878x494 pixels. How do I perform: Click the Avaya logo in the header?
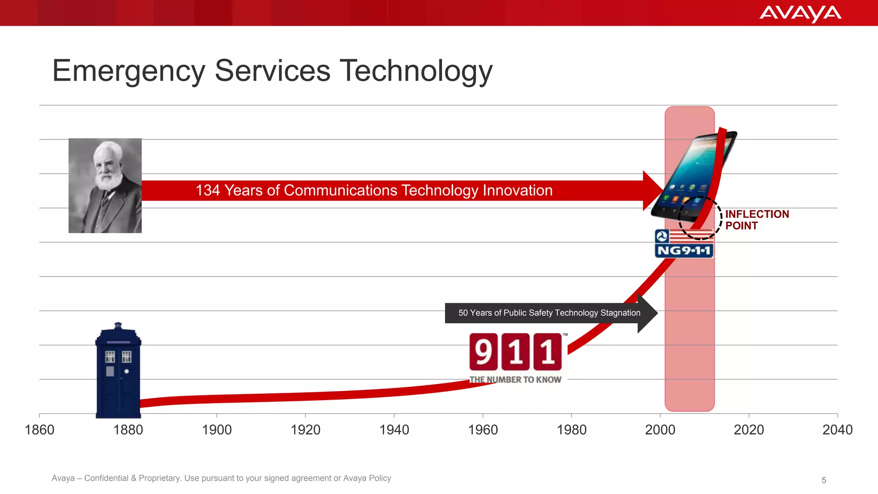[800, 13]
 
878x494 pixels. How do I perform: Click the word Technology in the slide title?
[416, 71]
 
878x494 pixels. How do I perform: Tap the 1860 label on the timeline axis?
[39, 430]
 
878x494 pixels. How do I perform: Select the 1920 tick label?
[305, 430]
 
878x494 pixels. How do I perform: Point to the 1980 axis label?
[571, 430]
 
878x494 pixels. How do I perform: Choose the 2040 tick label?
[837, 430]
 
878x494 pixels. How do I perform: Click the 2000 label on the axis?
[660, 430]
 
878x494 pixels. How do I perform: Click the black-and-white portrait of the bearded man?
[105, 186]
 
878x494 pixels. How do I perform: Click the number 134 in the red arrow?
[207, 190]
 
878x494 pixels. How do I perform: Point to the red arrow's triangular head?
[652, 190]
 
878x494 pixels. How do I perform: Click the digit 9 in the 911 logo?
[484, 352]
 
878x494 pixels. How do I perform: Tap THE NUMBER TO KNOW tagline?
[515, 380]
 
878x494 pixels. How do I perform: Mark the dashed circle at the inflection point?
[700, 218]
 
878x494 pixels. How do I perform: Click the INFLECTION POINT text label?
[756, 220]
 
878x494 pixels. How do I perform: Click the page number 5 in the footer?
[824, 480]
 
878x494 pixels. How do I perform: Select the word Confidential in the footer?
[106, 478]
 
